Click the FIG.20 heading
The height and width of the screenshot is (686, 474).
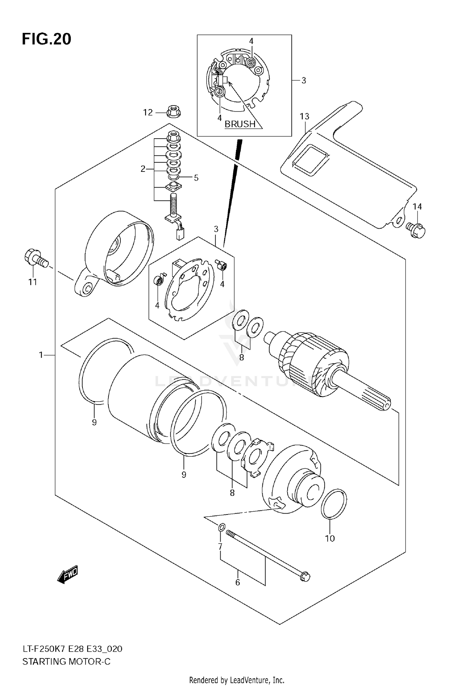coord(46,39)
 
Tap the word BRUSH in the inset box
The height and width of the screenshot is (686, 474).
coord(240,124)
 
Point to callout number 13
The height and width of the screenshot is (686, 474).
coord(304,116)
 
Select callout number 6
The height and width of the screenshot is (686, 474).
coord(238,582)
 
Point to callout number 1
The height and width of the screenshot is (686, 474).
coord(41,355)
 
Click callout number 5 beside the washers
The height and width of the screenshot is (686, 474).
coord(196,178)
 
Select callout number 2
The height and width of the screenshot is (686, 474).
coord(143,169)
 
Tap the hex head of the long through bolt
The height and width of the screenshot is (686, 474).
coord(305,577)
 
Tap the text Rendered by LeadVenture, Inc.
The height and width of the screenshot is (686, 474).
coord(237,680)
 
